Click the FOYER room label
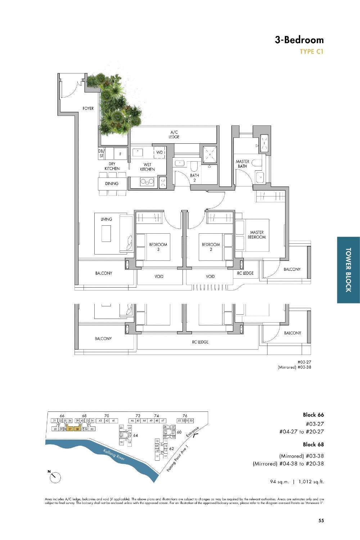[88, 108]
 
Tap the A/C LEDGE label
[174, 135]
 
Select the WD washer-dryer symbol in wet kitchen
[159, 153]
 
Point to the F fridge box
[121, 154]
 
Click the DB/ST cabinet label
[101, 154]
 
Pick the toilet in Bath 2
[194, 166]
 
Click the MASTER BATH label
[242, 164]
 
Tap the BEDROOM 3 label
[158, 247]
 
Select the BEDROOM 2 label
[211, 247]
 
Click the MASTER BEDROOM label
[257, 235]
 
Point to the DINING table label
[112, 184]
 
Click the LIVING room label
[106, 219]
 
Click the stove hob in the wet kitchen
[147, 182]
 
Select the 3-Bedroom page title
[299, 40]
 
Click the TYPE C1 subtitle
[312, 52]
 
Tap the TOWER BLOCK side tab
[348, 270]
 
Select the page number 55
[321, 520]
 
